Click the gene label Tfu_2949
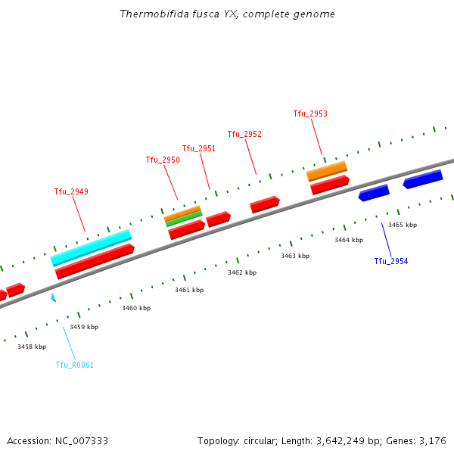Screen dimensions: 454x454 (71, 191)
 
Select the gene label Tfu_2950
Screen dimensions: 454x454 (163, 160)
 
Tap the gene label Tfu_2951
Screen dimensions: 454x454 (198, 148)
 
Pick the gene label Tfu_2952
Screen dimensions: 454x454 (244, 134)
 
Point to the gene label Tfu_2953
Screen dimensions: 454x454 (310, 113)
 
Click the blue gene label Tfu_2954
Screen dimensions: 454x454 (390, 261)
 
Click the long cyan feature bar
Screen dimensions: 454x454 (91, 247)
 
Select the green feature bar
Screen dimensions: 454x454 (184, 219)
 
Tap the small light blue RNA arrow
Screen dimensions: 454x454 (53, 297)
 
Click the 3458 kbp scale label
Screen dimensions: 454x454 (32, 347)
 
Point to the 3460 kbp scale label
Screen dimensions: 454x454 (136, 308)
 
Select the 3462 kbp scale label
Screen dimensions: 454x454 (242, 272)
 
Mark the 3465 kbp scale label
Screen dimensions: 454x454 (403, 225)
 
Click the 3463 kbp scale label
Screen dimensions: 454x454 (295, 256)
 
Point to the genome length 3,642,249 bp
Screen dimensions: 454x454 (347, 440)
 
